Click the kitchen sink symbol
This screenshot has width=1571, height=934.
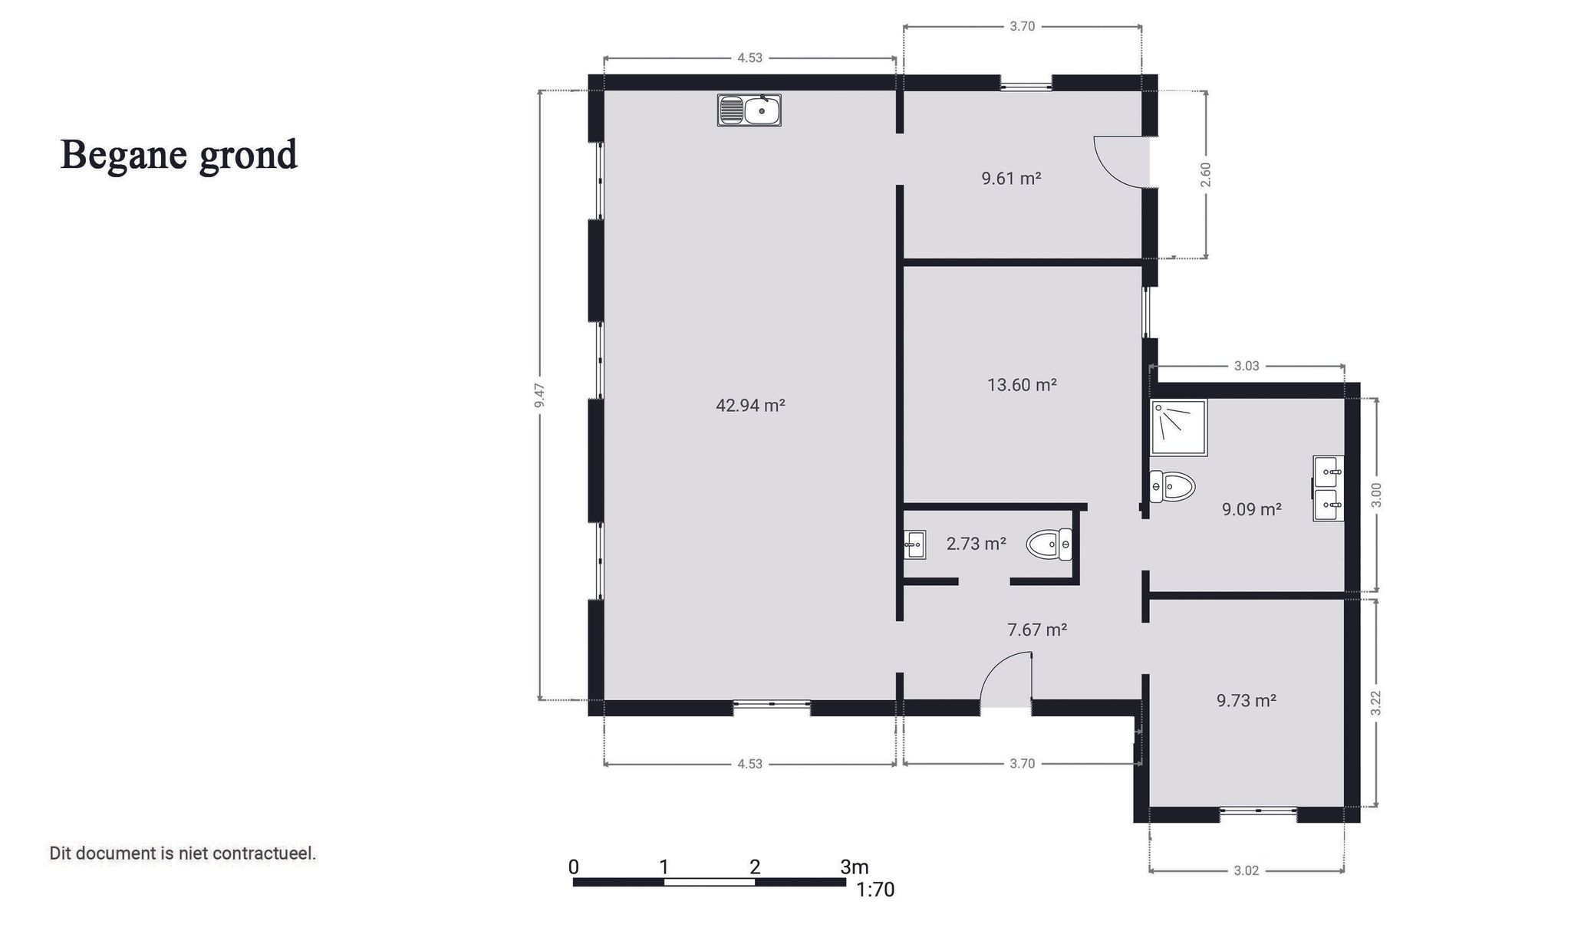coord(749,110)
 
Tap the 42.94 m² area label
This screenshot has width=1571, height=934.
coord(749,405)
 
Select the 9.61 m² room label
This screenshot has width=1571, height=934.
coord(1011,179)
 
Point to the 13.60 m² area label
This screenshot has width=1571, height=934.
coord(1022,384)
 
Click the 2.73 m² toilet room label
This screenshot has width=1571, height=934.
coord(976,544)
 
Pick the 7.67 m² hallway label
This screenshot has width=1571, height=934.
coord(1037,630)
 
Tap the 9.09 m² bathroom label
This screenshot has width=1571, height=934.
coord(1251,509)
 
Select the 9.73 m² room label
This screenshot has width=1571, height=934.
coord(1246,700)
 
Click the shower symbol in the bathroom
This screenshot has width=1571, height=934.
coord(1178,427)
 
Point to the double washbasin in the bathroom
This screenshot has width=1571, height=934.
coord(1328,488)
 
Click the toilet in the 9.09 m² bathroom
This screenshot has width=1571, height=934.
coord(1172,486)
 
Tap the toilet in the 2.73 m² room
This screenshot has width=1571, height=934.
coord(1049,544)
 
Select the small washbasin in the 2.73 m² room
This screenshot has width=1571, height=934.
coord(914,544)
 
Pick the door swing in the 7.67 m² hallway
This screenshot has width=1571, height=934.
coord(1006,679)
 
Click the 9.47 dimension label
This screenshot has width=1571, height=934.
coord(540,394)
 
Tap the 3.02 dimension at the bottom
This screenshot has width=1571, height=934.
coord(1246,870)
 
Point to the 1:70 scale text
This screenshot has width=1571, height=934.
coord(874,890)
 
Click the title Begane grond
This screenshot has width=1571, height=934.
coord(179,154)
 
